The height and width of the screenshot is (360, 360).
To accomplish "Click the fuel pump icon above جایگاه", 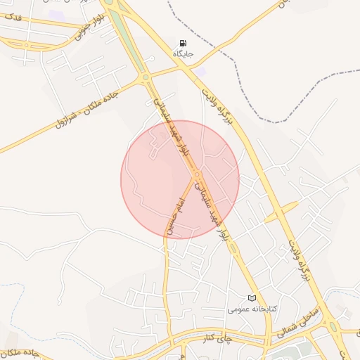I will click(x=184, y=43).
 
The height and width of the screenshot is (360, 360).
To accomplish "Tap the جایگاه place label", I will click(x=184, y=54).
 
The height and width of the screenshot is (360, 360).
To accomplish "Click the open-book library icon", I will click(x=252, y=298).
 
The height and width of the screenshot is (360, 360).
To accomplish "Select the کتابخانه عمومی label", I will click(x=253, y=309).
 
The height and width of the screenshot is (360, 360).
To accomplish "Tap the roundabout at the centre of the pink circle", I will click(x=198, y=174).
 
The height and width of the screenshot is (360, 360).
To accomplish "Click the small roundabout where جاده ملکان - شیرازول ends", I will click(x=146, y=77).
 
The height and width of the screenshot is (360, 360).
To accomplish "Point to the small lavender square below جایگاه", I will click(x=201, y=71).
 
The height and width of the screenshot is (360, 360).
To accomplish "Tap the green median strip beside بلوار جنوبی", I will click(x=120, y=28).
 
